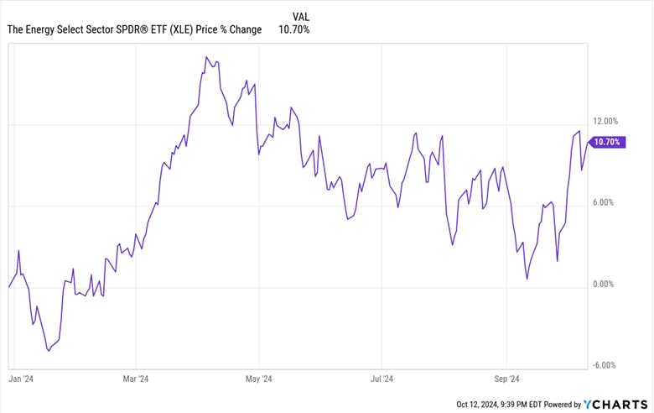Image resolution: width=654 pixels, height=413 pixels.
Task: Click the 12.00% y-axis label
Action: coord(605,121)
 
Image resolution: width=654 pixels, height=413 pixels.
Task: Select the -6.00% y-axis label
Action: coord(605,365)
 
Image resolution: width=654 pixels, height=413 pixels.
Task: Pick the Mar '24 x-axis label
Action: coord(135,379)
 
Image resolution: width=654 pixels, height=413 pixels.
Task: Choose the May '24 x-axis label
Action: coord(259,379)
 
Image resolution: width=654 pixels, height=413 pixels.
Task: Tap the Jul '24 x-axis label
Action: coord(382,379)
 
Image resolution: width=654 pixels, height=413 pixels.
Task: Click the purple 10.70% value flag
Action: coord(607,142)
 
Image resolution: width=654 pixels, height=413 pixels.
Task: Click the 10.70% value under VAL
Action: coord(294,30)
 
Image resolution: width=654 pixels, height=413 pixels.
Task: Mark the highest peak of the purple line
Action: coord(206,57)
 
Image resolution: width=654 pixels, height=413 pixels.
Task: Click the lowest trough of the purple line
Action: coord(49,350)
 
